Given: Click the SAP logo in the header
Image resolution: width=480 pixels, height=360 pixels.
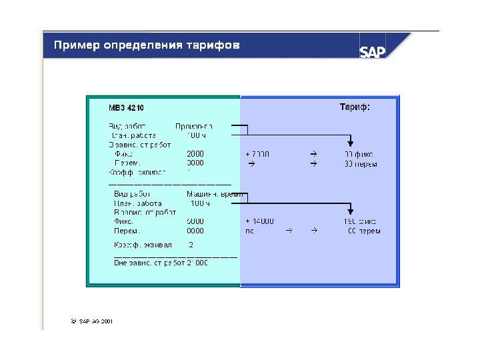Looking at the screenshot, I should tap(373, 51).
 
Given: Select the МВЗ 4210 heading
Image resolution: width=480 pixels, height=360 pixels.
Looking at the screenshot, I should tap(126, 107).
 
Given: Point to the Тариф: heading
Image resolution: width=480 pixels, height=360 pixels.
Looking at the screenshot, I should tap(355, 107).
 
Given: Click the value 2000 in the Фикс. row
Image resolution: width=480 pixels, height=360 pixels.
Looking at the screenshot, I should tap(195, 154).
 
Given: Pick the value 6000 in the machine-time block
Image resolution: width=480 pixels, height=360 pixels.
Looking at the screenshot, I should tap(195, 221).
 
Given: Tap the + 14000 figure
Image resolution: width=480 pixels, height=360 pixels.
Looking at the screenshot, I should tap(259, 221).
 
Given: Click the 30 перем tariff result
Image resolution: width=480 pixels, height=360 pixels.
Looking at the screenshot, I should tap(361, 164).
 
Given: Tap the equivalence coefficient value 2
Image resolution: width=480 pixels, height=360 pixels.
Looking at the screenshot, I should tap(191, 245).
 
